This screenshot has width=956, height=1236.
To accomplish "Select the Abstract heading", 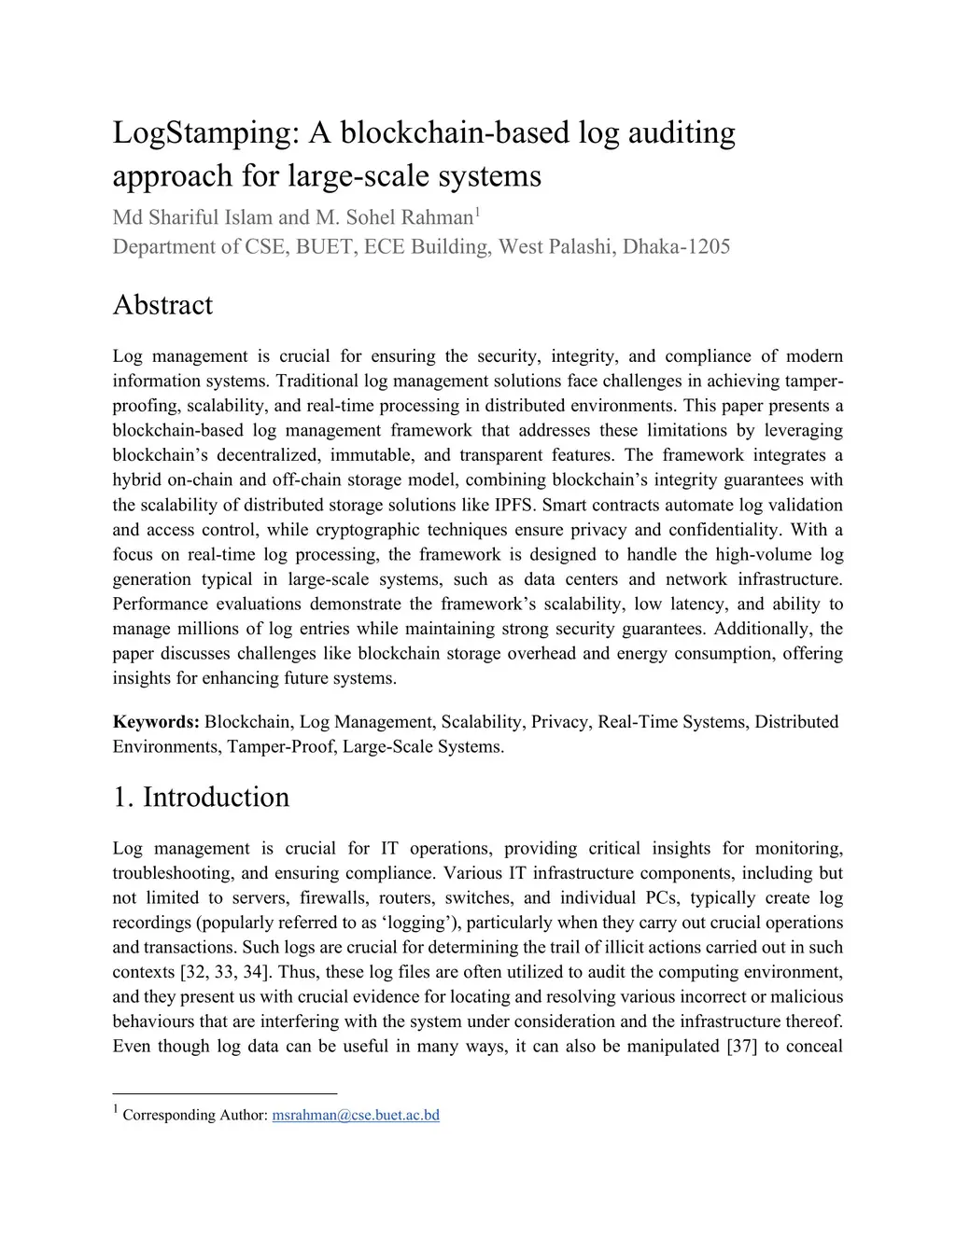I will pos(162,305).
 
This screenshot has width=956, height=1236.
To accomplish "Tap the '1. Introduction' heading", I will pos(201,797).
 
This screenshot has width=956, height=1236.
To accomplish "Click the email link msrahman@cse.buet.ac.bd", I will pos(355,1115).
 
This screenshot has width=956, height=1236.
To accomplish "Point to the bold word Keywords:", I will pos(156,722).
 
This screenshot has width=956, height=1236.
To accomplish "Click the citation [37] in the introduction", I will pos(741,1046).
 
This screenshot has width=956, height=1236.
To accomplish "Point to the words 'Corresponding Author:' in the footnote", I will pos(195,1115).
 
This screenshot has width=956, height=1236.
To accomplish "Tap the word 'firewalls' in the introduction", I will pos(332,897).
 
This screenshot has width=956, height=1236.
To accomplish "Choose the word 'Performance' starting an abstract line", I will pos(159,604).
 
